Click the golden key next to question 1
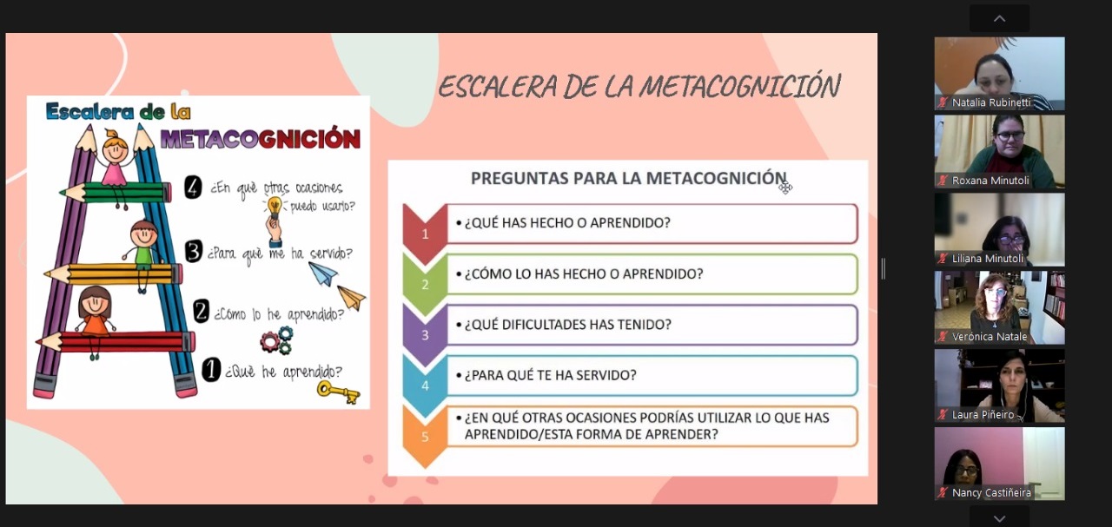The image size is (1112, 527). point(338,392)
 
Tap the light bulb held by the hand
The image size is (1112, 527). point(275,206)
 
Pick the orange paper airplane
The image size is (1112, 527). point(352,297)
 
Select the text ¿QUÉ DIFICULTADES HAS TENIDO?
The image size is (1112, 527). point(567,325)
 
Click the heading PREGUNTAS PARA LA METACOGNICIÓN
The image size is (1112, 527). point(628,178)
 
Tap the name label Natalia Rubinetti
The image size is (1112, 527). point(991,102)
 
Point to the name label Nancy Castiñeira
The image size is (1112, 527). point(991,493)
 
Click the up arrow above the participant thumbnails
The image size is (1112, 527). point(999,19)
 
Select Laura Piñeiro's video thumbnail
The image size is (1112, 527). point(999,385)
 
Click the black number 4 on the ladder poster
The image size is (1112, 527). point(193,188)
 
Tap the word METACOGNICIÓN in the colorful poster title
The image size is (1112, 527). point(260,138)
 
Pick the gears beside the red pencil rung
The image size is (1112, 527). point(276,340)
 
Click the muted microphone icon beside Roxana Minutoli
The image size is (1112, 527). point(943,181)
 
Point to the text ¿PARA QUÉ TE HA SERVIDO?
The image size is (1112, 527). point(550,375)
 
